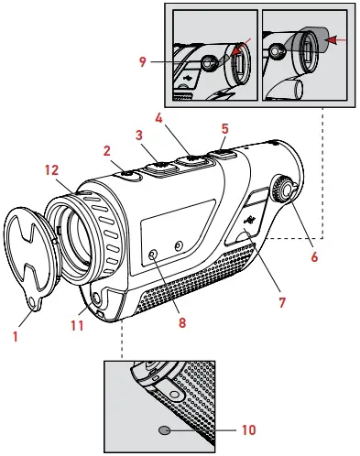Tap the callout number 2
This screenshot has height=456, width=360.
coord(107,149)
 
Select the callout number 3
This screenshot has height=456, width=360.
coord(140,135)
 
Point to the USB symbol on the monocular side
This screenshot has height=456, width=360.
coord(249,220)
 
